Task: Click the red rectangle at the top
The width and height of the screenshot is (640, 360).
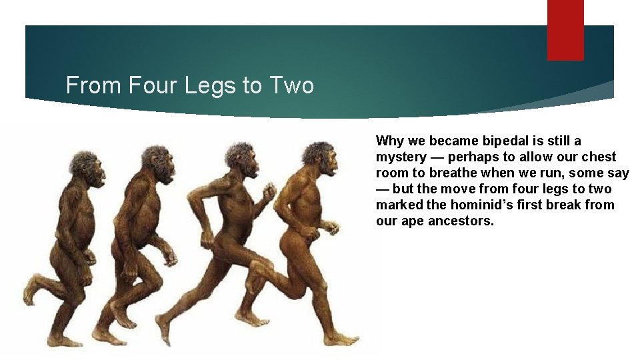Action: tap(565, 30)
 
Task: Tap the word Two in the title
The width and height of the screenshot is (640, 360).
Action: tap(291, 85)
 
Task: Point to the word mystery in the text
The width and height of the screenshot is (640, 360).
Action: tap(401, 157)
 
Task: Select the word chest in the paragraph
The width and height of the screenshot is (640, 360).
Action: tap(599, 157)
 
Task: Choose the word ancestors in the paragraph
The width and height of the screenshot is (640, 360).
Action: tap(462, 221)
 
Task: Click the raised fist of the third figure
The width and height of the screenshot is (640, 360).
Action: tap(269, 193)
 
